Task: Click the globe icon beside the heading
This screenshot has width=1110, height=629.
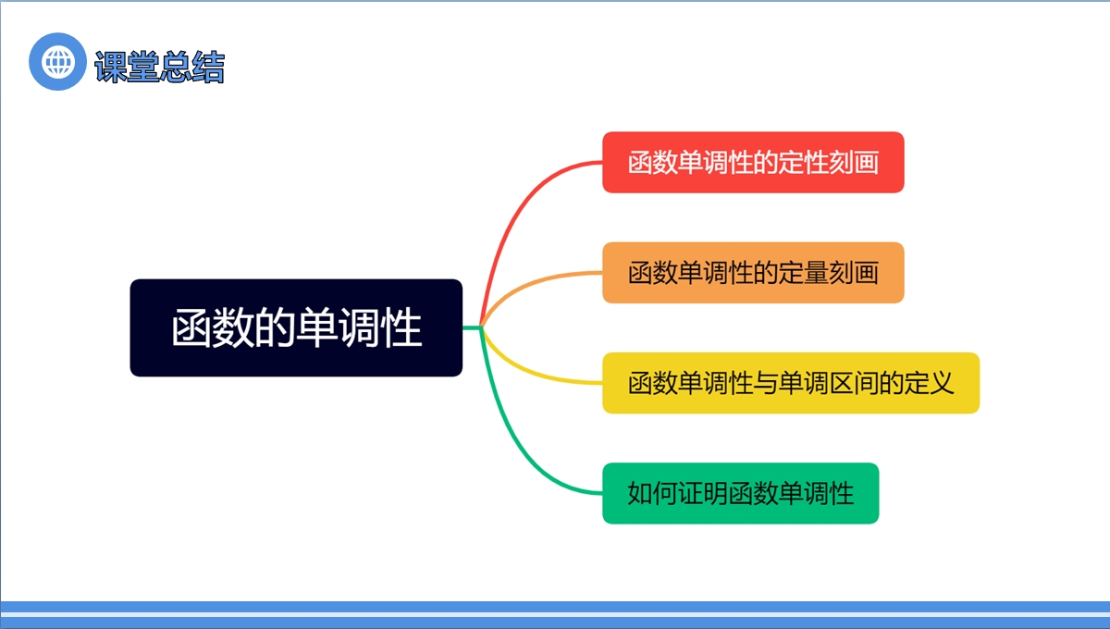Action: [x=58, y=61]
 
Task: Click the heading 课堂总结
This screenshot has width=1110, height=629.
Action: [x=159, y=67]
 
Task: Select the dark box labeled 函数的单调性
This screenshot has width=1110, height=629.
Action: [x=296, y=327]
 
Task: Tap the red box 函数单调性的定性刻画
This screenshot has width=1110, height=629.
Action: [x=753, y=162]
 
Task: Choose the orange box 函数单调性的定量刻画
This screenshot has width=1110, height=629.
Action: [x=753, y=273]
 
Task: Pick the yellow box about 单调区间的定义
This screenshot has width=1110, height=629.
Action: [x=791, y=383]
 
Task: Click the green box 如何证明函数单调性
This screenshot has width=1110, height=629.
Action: [x=741, y=493]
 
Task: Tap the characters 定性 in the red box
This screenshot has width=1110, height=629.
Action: [x=803, y=163]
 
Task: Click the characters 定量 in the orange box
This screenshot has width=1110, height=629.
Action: [x=803, y=273]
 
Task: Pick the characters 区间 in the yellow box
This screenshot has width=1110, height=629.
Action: [x=854, y=383]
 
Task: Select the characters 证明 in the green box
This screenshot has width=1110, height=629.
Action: [x=703, y=494]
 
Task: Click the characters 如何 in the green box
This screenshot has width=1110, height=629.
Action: [x=653, y=494]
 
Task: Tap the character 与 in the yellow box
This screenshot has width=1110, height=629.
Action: [x=766, y=383]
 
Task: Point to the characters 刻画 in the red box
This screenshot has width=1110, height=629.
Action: [x=854, y=163]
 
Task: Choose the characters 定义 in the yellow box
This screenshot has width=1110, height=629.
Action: [x=929, y=383]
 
